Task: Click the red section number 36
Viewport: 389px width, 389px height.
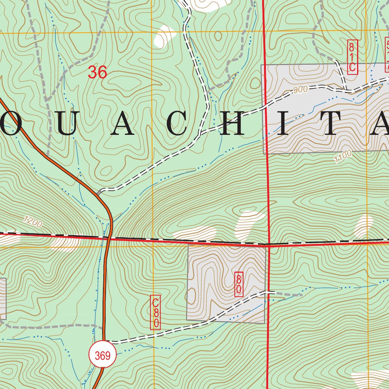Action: click(x=98, y=72)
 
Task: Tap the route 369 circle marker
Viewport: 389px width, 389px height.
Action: click(x=103, y=356)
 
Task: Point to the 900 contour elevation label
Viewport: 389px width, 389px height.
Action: click(x=300, y=90)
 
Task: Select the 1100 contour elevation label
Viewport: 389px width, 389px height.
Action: click(x=343, y=157)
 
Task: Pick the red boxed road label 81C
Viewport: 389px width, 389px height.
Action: click(x=352, y=57)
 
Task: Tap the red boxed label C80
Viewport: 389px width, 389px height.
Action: click(x=155, y=312)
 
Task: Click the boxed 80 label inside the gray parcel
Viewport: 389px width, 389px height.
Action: click(x=239, y=284)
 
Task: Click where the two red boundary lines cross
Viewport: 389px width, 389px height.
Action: click(x=269, y=245)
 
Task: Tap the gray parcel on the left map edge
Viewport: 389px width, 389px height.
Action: click(x=3, y=299)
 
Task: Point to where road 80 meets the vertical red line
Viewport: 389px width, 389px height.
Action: click(x=269, y=292)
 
